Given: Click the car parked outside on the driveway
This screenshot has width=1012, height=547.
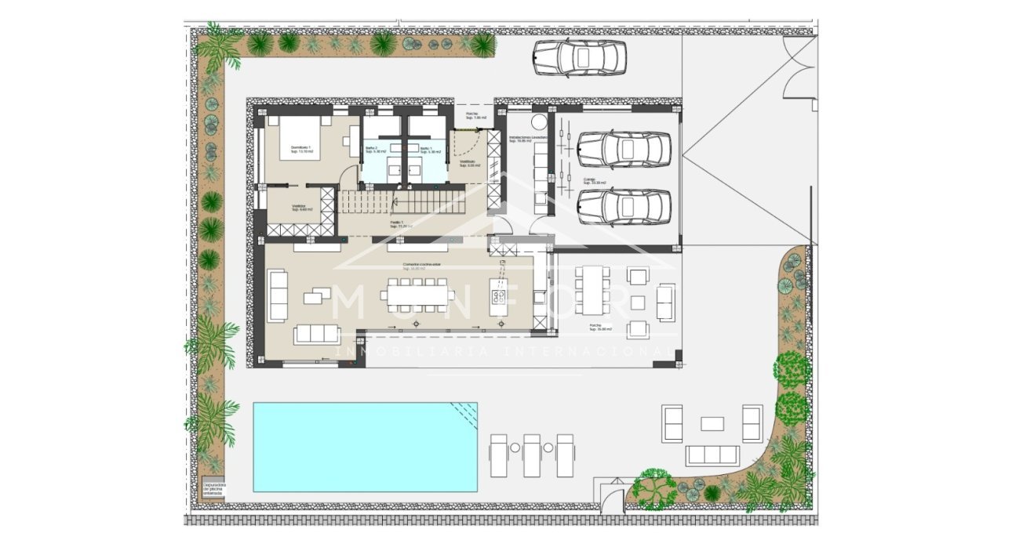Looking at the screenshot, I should (x=579, y=57).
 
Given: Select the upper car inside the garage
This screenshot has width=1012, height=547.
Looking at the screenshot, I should (x=624, y=149).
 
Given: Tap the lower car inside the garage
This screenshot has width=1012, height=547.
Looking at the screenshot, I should (x=624, y=206).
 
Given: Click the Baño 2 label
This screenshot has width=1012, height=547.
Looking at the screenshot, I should (x=373, y=149).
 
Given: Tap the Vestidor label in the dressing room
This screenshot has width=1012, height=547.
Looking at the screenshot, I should (x=299, y=208).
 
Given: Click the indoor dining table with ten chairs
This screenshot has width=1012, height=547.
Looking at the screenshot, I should (x=417, y=295).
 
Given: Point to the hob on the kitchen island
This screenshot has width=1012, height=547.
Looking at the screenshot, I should (x=498, y=296).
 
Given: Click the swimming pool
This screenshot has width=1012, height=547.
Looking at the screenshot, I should (x=365, y=447).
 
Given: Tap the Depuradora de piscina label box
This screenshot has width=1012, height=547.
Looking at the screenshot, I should (x=213, y=489).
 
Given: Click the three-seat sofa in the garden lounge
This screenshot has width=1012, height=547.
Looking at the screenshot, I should (x=712, y=455).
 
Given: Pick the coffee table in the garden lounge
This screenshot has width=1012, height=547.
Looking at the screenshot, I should (x=712, y=423).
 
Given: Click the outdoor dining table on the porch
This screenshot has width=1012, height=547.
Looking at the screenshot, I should (x=594, y=289).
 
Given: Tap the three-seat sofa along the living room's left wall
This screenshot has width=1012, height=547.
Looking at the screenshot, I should (x=277, y=295).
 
